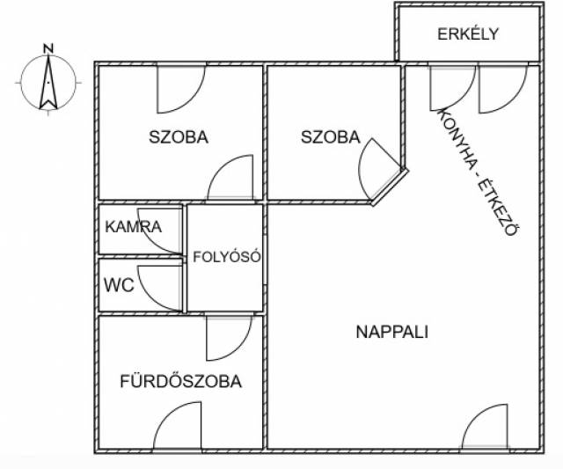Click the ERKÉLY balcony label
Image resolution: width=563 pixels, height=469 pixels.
[x=468, y=33]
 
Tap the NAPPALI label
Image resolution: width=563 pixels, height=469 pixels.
[x=391, y=332]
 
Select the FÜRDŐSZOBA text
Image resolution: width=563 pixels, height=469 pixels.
[x=180, y=381]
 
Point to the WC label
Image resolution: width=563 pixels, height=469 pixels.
[x=119, y=285]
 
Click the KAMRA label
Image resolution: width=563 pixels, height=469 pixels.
[x=133, y=227]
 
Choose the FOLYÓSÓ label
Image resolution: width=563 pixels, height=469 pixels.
[x=227, y=257]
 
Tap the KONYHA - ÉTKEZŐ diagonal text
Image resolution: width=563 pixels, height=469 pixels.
[x=478, y=172]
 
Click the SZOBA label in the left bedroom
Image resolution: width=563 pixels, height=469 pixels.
[x=179, y=137]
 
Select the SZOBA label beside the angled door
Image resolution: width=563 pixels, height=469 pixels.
[x=331, y=137]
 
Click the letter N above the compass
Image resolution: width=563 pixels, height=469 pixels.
[x=48, y=48]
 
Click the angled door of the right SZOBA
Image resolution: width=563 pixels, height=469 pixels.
[x=381, y=169]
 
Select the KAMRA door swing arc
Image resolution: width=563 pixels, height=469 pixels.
[x=150, y=240]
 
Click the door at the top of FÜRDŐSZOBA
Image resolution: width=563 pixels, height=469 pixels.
[x=229, y=338]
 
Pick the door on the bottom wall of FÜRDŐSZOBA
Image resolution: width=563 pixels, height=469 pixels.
[x=178, y=426]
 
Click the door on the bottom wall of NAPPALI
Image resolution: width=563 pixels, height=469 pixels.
[x=485, y=427]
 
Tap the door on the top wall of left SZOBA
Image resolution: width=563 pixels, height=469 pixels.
[x=181, y=89]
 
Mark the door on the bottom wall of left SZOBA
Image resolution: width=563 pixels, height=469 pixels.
[x=230, y=177]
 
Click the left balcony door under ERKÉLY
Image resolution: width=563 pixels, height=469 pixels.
[x=453, y=88]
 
